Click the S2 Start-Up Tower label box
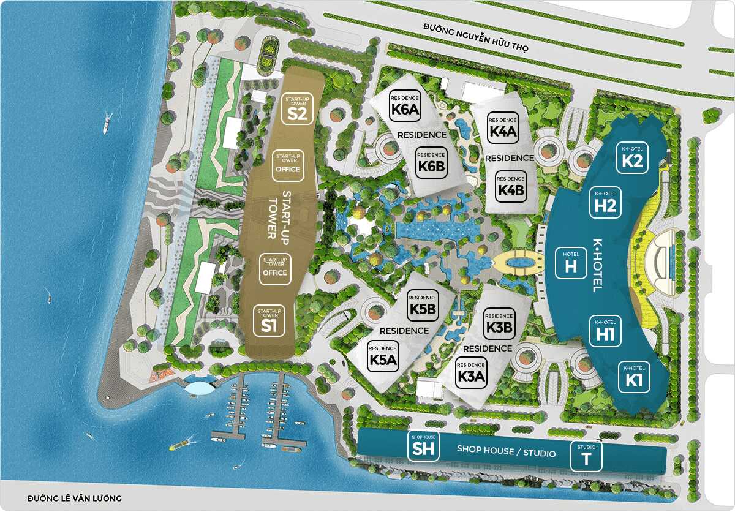point(298,108)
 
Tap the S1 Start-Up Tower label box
point(269,320)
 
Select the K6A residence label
point(405,105)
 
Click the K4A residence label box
point(503,127)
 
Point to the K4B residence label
point(510,184)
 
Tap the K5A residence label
point(384,356)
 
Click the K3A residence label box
point(472,372)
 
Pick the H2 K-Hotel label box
point(605,203)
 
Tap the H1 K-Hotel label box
point(605,331)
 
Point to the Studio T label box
point(586,456)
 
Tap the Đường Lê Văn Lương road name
point(75,499)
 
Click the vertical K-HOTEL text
point(594,265)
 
